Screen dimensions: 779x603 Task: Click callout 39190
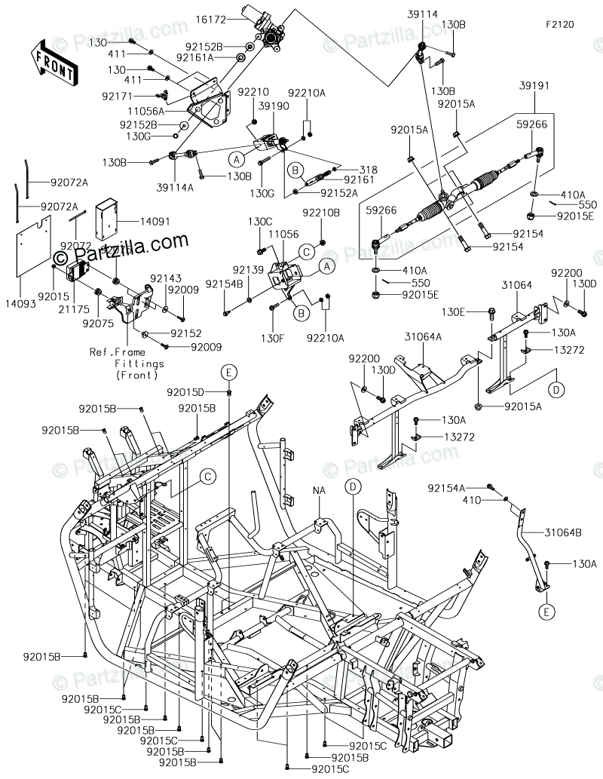(x=274, y=107)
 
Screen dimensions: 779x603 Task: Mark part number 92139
(x=247, y=269)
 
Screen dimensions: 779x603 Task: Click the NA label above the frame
(x=320, y=489)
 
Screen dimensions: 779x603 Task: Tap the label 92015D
(x=188, y=391)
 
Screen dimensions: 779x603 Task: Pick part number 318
(x=369, y=170)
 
